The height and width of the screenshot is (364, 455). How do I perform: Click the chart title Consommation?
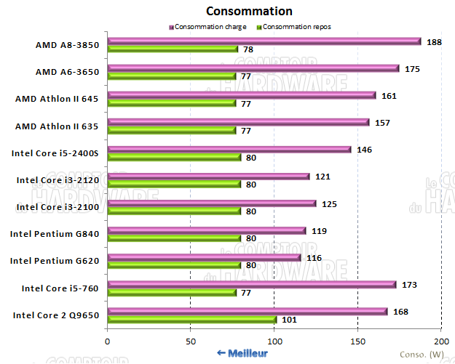(x=249, y=11)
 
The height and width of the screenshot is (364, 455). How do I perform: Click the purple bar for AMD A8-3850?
(x=264, y=41)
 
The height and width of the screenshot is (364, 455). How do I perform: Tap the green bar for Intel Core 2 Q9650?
(x=192, y=320)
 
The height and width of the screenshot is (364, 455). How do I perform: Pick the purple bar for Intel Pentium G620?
(x=204, y=257)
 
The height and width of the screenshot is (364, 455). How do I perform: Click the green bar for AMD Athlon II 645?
(x=172, y=103)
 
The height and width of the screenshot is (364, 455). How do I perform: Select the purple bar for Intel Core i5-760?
(x=252, y=285)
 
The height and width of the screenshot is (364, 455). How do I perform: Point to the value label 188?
(x=434, y=41)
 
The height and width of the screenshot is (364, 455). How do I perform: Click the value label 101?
(x=289, y=320)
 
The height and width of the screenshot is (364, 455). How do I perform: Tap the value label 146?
(x=364, y=149)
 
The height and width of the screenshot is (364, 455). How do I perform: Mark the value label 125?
(x=329, y=203)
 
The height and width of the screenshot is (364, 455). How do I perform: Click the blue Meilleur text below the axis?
(x=242, y=353)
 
